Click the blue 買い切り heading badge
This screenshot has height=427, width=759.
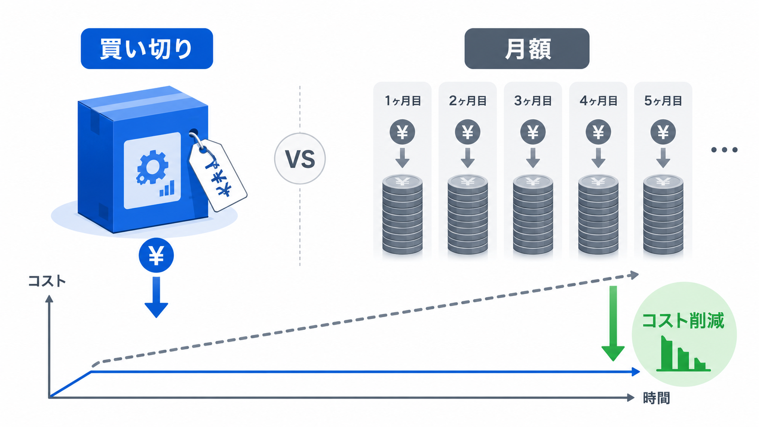click(147, 49)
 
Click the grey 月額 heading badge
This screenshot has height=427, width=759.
click(527, 49)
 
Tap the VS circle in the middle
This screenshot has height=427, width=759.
click(300, 158)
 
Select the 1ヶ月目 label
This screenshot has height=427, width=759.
click(403, 101)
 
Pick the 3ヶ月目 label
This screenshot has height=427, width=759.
click(533, 101)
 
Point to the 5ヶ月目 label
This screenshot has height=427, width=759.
click(663, 101)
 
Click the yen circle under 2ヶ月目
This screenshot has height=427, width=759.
click(468, 132)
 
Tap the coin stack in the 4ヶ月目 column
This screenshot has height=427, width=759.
click(598, 214)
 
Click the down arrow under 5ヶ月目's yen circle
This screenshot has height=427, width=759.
click(663, 158)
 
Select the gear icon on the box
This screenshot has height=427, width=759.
click(153, 167)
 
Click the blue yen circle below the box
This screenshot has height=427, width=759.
click(156, 255)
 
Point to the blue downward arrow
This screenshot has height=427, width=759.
click(156, 297)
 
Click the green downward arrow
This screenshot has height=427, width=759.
click(613, 324)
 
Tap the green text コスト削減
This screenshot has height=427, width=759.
click(683, 321)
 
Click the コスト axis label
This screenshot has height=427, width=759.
click(47, 281)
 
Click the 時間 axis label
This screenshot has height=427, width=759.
click(656, 398)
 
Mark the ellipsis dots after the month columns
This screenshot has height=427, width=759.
click(724, 150)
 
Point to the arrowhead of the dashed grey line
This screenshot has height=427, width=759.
click(634, 275)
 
